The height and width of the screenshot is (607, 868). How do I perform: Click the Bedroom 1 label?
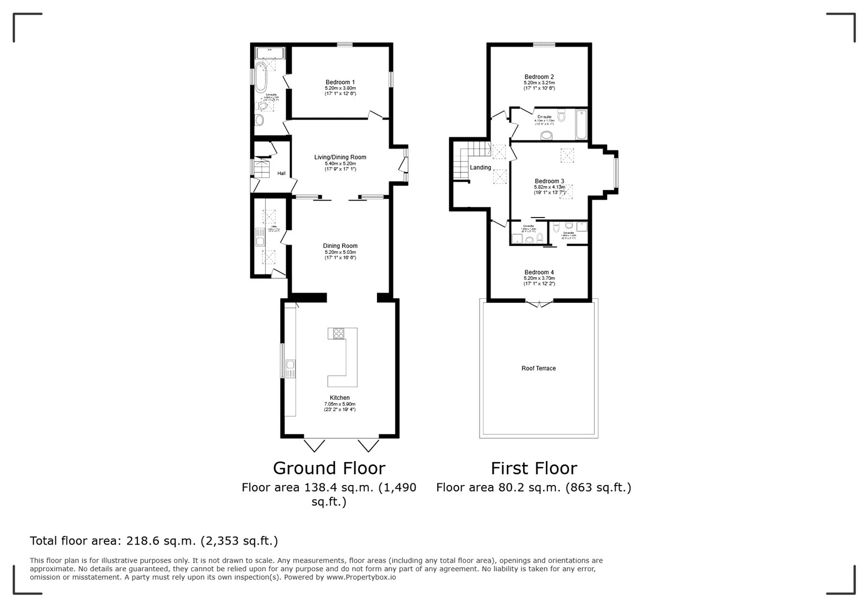coord(340,82)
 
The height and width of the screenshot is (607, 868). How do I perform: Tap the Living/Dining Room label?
coord(340,157)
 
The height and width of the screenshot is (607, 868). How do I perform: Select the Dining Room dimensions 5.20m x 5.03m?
coord(340,252)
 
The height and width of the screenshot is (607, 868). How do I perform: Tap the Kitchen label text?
coord(340,398)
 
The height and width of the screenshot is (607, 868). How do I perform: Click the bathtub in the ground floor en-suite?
coord(261,77)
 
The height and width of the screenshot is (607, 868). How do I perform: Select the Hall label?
coord(282,174)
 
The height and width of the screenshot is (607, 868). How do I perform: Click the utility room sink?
coord(260,241)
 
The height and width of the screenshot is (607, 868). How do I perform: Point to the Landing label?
coord(480,168)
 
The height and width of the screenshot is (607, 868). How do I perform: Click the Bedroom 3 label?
coord(549,181)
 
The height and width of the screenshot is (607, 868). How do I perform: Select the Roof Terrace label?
coord(538,368)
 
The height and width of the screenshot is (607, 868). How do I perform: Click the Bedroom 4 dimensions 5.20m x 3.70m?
coord(539,278)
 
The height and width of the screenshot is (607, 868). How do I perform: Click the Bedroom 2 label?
coord(539,77)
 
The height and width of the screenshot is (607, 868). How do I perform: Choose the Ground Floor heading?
coord(329,468)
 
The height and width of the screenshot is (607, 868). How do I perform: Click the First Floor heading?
coord(534,468)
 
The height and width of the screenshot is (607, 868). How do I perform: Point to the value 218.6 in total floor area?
coord(141,541)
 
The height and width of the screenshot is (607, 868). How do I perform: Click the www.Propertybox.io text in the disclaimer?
coord(361,577)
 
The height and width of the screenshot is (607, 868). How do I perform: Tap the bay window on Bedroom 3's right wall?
coord(616,172)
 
